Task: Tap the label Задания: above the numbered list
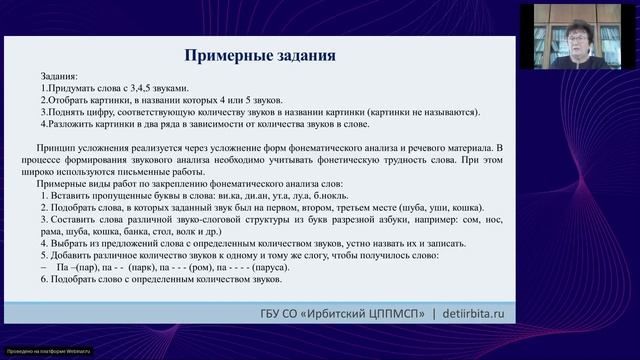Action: (x=58, y=76)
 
